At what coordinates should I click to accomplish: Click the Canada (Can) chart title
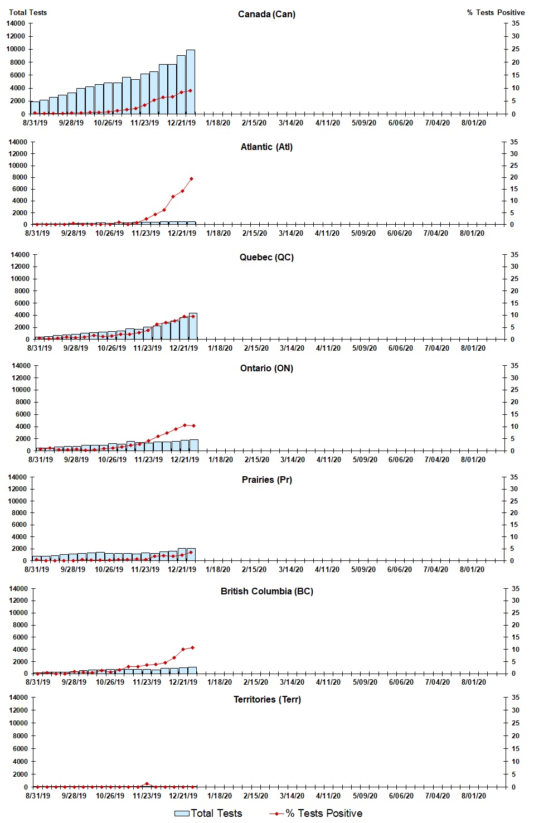[x=266, y=14]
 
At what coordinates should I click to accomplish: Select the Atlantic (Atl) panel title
[x=266, y=147]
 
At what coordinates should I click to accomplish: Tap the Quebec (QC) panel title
[x=266, y=257]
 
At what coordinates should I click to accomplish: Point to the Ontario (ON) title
[x=266, y=368]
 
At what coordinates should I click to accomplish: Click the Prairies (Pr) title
[x=266, y=480]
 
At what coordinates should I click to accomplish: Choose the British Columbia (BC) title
[x=266, y=591]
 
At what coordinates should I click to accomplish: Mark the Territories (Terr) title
[x=266, y=699]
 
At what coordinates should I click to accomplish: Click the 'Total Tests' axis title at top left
[x=28, y=12]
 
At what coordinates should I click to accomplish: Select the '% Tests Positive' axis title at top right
[x=496, y=12]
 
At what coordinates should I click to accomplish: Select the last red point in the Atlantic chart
[x=191, y=179]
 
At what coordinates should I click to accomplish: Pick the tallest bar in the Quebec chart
[x=193, y=326]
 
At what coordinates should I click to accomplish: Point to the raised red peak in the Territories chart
[x=147, y=783]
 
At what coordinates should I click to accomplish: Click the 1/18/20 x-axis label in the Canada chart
[x=217, y=123]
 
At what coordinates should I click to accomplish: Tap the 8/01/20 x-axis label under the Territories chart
[x=473, y=796]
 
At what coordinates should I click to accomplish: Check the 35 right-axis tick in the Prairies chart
[x=514, y=477]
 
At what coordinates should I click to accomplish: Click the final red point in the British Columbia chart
[x=192, y=647]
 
